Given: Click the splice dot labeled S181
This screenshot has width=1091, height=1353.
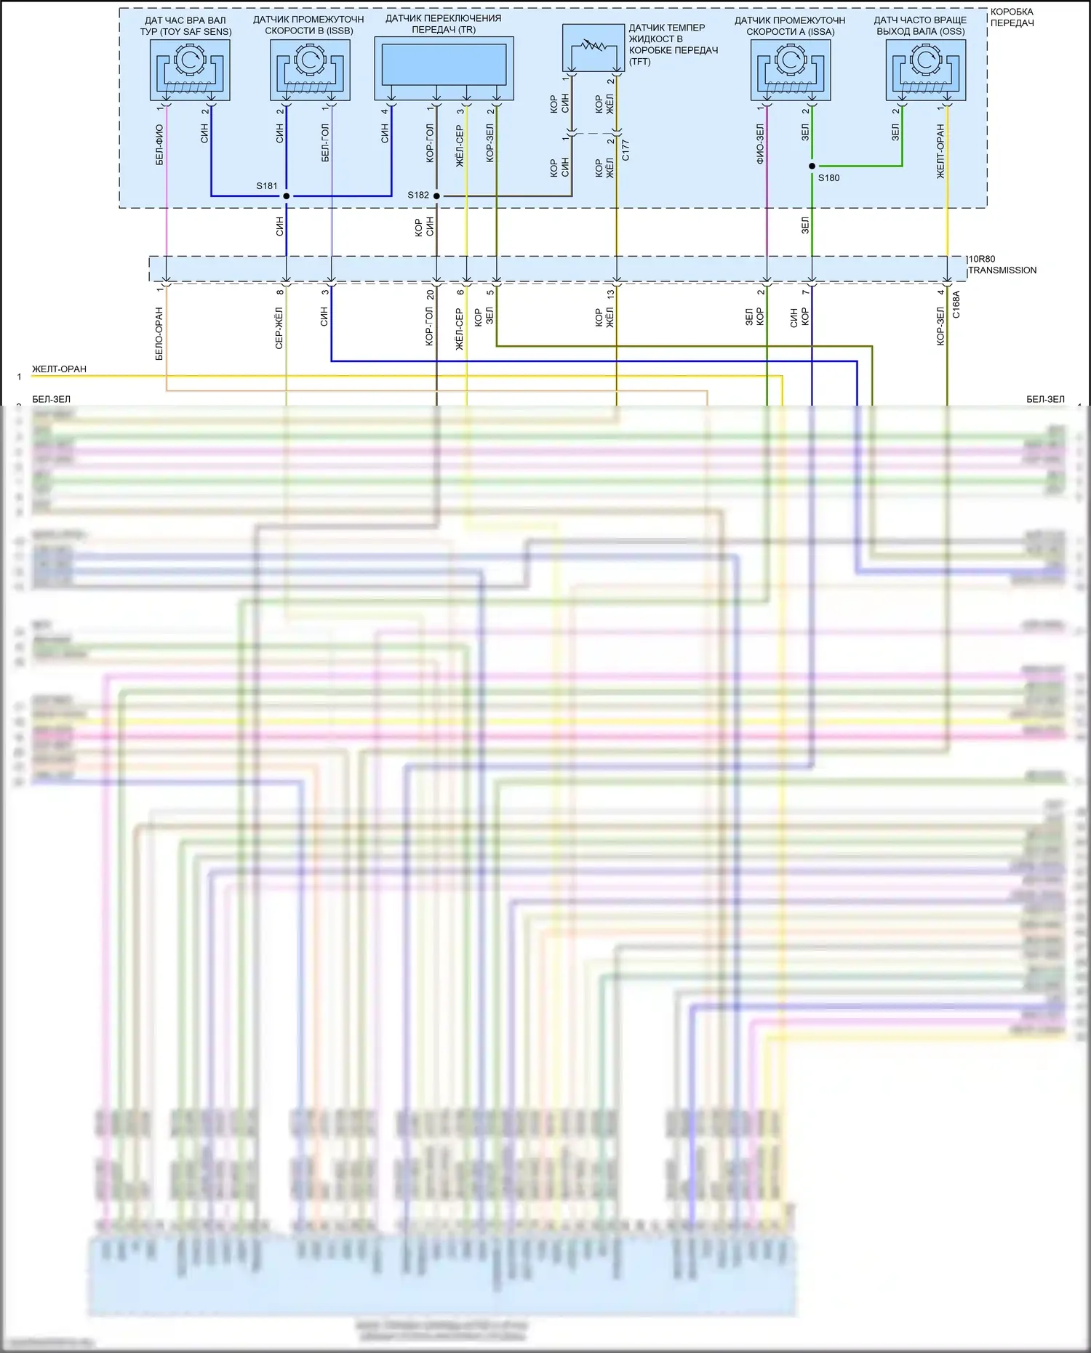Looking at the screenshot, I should click(x=287, y=196).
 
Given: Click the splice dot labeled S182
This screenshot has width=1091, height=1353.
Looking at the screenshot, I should click(x=436, y=196).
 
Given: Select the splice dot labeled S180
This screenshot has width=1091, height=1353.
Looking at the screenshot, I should click(x=812, y=166).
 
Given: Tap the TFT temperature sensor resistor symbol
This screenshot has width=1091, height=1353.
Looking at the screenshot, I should click(x=594, y=47).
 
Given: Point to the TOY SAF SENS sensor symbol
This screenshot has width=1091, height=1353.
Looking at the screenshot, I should click(x=190, y=70).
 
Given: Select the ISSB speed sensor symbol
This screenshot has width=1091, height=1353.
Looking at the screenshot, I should click(x=310, y=70).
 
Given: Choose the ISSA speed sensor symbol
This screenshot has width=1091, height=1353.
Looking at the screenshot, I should click(x=791, y=70).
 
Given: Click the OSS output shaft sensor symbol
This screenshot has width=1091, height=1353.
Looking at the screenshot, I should click(x=926, y=70).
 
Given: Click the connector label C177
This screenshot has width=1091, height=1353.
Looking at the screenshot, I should click(x=626, y=150).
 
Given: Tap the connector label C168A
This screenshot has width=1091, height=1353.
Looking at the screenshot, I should click(x=956, y=305).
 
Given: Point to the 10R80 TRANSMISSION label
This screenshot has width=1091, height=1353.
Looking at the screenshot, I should click(x=1002, y=265).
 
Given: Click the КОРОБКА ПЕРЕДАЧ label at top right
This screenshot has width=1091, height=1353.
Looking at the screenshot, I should click(x=1012, y=17).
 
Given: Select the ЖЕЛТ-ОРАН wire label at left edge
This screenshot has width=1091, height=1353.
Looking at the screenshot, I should click(x=59, y=369).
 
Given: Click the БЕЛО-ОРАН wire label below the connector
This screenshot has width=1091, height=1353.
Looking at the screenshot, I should click(x=159, y=334).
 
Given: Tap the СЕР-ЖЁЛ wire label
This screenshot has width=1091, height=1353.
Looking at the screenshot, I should click(x=279, y=328).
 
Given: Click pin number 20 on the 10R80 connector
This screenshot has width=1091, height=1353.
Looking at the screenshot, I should click(x=430, y=294).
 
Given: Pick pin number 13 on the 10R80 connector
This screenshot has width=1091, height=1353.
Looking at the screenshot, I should click(x=610, y=294).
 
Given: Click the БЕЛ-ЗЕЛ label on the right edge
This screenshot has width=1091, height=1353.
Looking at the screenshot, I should click(x=1045, y=399).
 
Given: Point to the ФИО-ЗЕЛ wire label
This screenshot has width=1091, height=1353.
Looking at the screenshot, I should click(x=760, y=143).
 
